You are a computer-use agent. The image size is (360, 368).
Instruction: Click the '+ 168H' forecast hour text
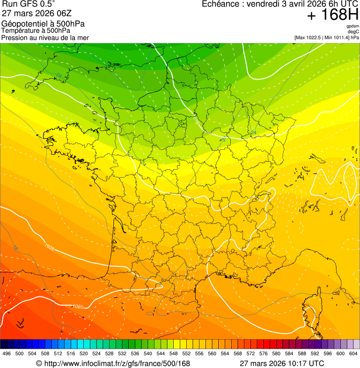click(332, 15)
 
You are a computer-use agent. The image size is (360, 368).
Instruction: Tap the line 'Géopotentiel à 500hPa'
click(43, 24)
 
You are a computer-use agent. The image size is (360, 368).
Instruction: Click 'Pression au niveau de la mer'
click(45, 37)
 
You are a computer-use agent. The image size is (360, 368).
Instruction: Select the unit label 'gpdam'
click(353, 26)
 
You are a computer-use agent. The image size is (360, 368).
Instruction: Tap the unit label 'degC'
click(353, 31)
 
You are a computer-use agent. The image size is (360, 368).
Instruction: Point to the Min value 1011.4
click(341, 37)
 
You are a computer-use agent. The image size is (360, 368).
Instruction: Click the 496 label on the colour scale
click(7, 353)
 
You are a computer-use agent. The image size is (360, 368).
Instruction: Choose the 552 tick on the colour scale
click(186, 353)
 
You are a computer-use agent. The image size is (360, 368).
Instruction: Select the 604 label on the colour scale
click(353, 353)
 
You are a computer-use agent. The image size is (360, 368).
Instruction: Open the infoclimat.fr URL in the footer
click(117, 363)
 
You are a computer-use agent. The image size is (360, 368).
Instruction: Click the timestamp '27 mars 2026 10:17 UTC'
click(281, 363)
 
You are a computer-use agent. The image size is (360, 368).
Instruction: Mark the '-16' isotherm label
click(15, 247)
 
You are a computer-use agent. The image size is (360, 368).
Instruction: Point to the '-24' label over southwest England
click(59, 75)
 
